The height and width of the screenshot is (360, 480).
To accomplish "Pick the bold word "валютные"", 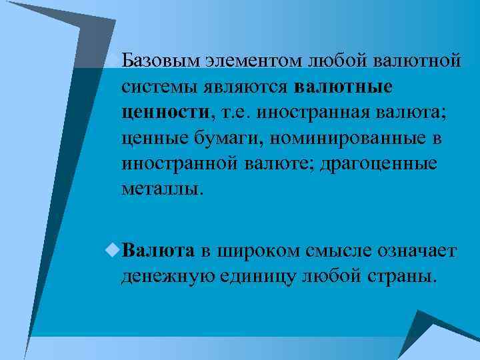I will tap(343, 87).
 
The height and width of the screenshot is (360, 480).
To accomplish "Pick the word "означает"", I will tap(417, 250).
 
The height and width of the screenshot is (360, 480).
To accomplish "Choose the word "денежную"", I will tap(167, 275).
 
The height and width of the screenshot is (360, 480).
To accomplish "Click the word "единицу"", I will tap(261, 275).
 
